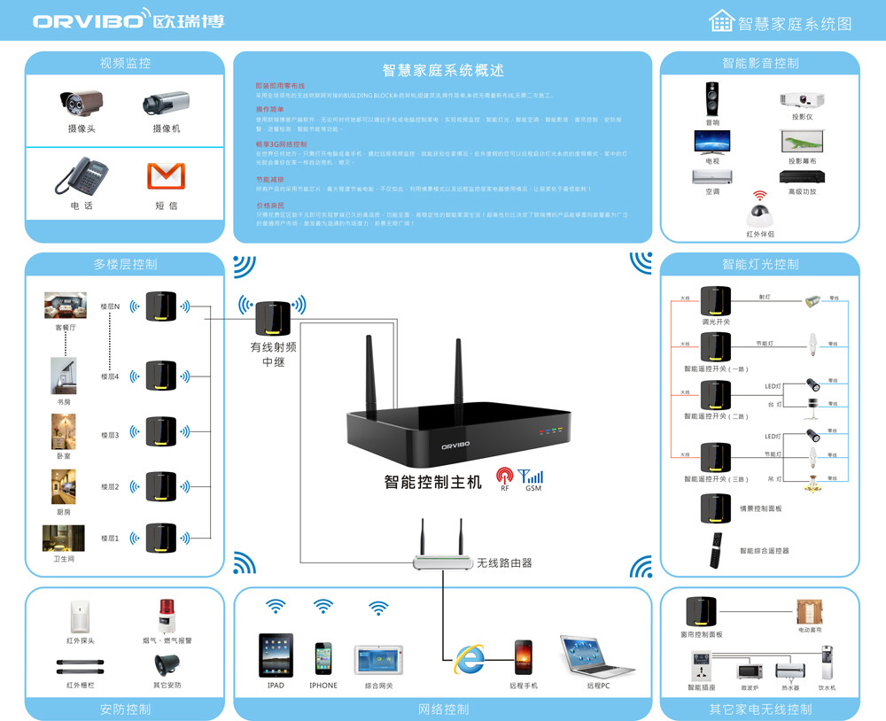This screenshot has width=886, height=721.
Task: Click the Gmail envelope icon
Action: (166, 175)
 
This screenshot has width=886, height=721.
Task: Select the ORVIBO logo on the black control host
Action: (461, 447)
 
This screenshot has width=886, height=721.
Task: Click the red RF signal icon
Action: (504, 476)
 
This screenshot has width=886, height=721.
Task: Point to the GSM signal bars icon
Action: (532, 476)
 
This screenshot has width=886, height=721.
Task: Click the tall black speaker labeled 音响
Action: (712, 99)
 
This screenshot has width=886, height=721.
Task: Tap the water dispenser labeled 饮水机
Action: (827, 663)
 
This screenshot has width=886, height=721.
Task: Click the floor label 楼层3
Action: (110, 435)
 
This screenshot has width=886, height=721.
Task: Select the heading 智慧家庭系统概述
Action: (443, 71)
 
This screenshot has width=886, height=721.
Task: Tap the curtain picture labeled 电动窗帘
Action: (810, 612)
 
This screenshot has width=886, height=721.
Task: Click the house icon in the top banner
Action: (722, 22)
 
